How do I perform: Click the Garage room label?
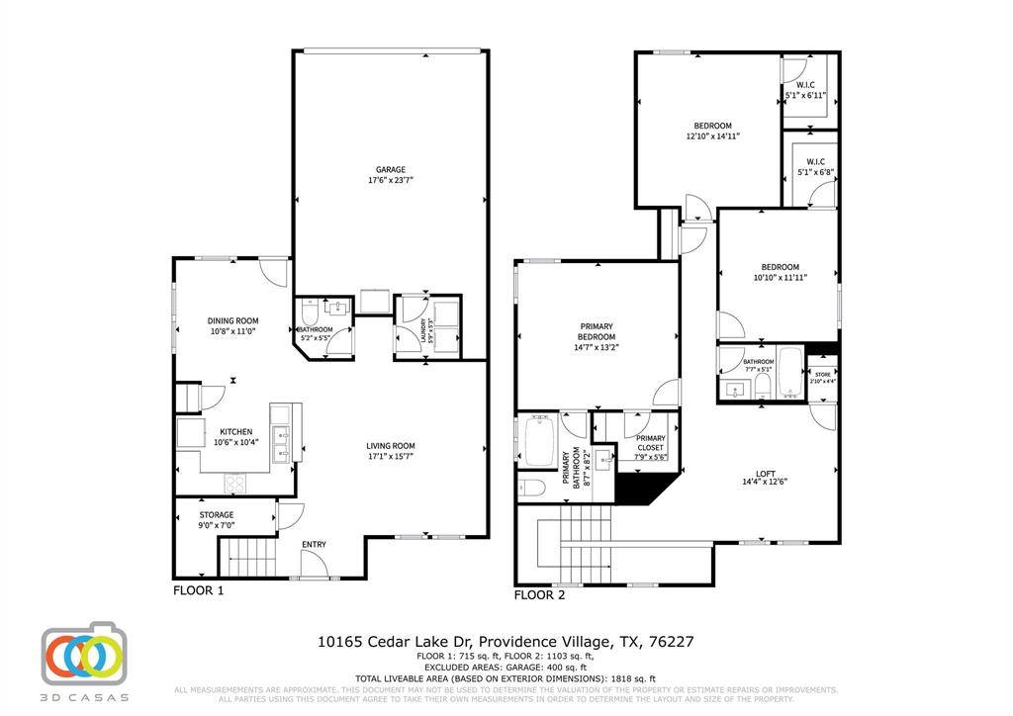(x=390, y=170)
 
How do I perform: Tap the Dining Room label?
(x=232, y=320)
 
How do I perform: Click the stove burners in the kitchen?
(x=236, y=483)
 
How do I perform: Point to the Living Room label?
(x=391, y=446)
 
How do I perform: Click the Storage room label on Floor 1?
(x=216, y=514)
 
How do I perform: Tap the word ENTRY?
(x=314, y=545)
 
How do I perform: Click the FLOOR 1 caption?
(x=199, y=590)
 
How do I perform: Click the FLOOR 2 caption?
(x=540, y=595)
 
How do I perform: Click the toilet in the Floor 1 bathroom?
(x=308, y=313)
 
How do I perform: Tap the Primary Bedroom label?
(x=597, y=331)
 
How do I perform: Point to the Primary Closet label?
(x=650, y=443)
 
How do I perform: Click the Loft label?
(x=765, y=475)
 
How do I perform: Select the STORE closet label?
(x=823, y=374)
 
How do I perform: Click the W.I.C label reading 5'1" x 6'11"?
(x=804, y=86)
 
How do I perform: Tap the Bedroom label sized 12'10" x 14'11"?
(x=712, y=126)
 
